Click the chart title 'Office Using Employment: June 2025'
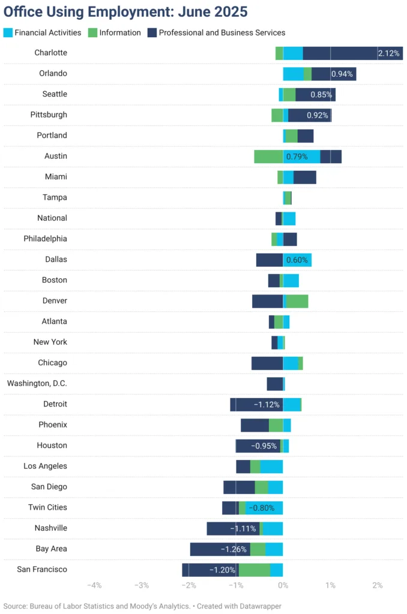(x=125, y=12)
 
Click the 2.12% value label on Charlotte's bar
(x=388, y=53)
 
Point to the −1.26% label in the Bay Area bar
(x=234, y=549)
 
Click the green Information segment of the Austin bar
(x=268, y=156)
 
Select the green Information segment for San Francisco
(x=254, y=570)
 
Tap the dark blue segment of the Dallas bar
(x=269, y=260)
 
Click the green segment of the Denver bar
(x=297, y=301)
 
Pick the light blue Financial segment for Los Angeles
(x=271, y=466)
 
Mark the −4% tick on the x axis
(x=94, y=585)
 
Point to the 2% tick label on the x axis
(x=378, y=585)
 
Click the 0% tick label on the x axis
(x=283, y=585)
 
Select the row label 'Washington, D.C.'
(x=37, y=384)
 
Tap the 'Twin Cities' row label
(x=47, y=507)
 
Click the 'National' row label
(x=52, y=218)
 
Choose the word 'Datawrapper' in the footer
(x=259, y=606)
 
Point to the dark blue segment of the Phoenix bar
(x=255, y=425)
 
